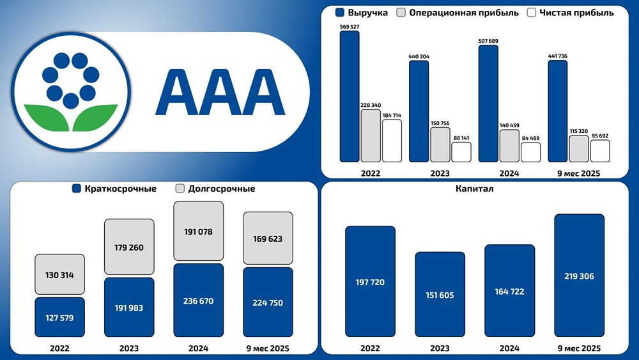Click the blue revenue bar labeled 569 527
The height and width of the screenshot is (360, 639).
click(x=349, y=96)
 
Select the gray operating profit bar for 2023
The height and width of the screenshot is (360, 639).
click(x=440, y=145)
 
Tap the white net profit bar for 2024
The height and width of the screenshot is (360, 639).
click(x=530, y=152)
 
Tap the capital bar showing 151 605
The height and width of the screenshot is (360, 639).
click(x=440, y=294)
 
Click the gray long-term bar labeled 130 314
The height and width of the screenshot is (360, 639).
click(x=59, y=275)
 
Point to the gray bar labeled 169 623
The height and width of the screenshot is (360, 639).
click(x=268, y=239)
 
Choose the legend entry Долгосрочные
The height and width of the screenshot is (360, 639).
click(x=215, y=189)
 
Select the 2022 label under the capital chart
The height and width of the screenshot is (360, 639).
click(x=370, y=348)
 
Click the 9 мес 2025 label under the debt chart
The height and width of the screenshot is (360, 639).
click(x=268, y=348)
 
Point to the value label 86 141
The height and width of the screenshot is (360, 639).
click(x=461, y=137)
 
